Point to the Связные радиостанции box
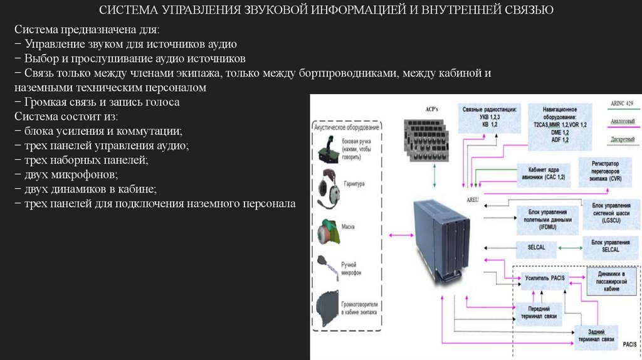(490, 117)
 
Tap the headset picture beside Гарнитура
(327, 186)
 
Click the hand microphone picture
(329, 267)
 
